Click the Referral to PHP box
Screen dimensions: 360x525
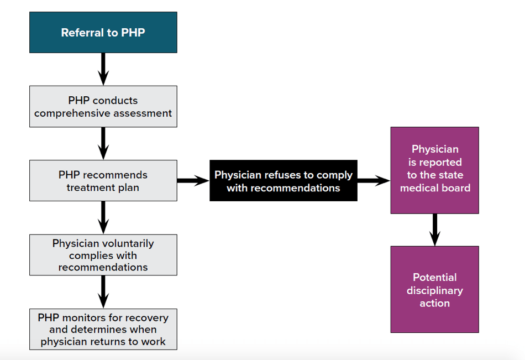point(103,33)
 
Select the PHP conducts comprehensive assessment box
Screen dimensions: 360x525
point(103,107)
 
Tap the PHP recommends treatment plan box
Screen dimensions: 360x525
point(103,181)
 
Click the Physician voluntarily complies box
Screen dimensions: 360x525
point(103,255)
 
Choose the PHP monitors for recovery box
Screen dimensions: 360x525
point(103,329)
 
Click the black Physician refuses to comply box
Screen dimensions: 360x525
point(283,181)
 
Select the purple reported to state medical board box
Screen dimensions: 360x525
point(434,170)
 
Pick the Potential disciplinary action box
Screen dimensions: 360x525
point(434,289)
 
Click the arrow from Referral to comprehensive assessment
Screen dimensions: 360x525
point(103,69)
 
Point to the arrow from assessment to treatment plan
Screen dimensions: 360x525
point(103,143)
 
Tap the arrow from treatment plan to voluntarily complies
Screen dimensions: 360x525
point(103,217)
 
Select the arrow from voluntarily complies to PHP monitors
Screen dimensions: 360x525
point(103,291)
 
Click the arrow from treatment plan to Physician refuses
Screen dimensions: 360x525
point(193,180)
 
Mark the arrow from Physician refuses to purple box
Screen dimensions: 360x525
point(374,180)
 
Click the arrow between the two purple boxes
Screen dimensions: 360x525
point(434,229)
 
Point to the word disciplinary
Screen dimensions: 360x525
point(434,290)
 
